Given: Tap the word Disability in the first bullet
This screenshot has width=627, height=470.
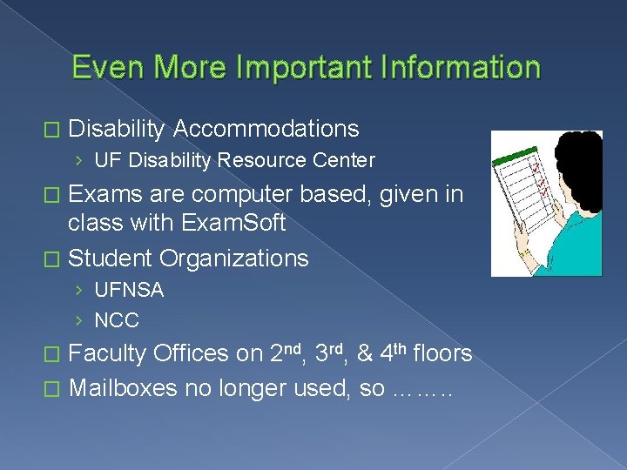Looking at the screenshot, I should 117,130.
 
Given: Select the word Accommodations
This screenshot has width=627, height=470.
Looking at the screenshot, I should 266,130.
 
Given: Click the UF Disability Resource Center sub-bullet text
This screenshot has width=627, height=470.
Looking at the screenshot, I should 234,160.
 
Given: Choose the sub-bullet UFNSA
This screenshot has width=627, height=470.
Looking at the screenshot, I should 128,290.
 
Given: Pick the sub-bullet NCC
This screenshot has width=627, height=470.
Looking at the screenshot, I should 116,320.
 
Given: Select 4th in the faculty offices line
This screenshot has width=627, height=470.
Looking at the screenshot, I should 389,352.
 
